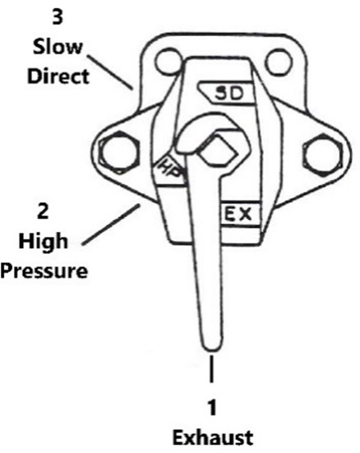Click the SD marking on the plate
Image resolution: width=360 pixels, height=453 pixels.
(x=229, y=94)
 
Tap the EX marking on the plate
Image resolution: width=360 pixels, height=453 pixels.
(x=238, y=214)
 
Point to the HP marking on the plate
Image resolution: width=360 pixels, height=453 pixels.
(x=171, y=169)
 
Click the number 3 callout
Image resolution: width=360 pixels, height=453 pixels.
(x=58, y=17)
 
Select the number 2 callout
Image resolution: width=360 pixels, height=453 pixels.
(x=43, y=211)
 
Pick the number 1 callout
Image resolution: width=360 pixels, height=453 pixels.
(x=212, y=407)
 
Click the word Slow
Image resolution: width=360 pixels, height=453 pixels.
(x=58, y=47)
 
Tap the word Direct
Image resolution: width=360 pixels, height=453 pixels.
(x=58, y=76)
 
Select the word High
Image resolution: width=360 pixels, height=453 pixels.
(x=44, y=241)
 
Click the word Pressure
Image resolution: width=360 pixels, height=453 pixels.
(x=44, y=271)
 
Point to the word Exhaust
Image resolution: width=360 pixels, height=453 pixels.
(x=213, y=437)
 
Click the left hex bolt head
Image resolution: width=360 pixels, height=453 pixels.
(x=118, y=152)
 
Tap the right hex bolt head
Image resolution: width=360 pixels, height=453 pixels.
(x=323, y=154)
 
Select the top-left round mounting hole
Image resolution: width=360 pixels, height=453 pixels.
(x=168, y=61)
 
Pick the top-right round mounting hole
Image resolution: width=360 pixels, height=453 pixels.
(x=279, y=62)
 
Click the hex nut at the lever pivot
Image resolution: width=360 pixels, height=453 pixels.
(x=219, y=150)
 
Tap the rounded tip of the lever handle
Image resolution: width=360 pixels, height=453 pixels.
(x=213, y=345)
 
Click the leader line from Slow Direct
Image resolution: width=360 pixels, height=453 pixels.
(x=110, y=72)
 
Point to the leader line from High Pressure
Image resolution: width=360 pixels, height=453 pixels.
(x=111, y=224)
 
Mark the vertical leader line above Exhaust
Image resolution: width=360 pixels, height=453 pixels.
(x=212, y=369)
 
